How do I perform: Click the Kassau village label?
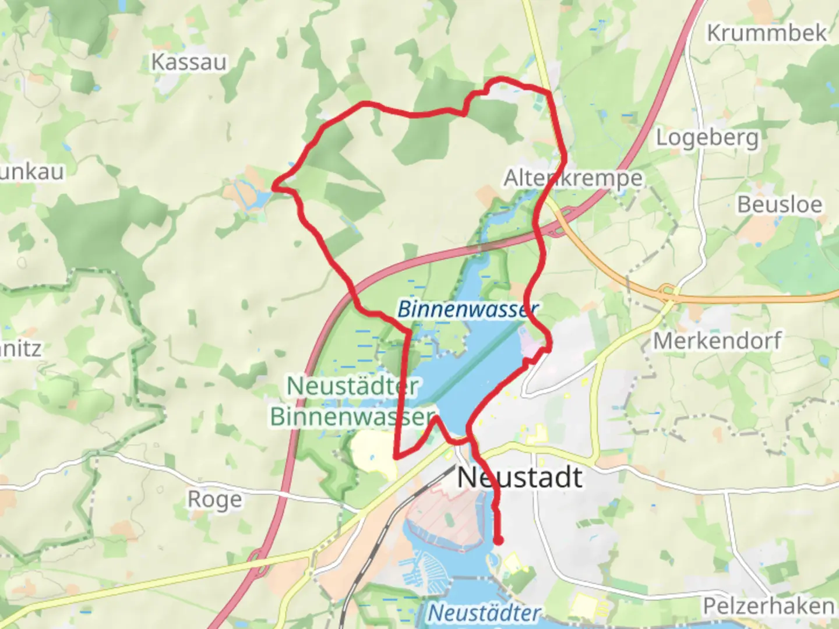[189, 62]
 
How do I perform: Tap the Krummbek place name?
[766, 33]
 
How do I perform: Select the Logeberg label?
[707, 139]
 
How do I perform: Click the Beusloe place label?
[780, 205]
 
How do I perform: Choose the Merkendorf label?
[717, 341]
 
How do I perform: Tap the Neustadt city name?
[519, 478]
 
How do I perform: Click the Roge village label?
[214, 500]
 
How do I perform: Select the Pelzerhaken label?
[768, 606]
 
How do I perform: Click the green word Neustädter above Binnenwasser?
[352, 386]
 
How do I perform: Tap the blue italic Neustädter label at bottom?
[484, 613]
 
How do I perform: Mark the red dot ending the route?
[498, 541]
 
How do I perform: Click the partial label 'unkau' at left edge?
[32, 172]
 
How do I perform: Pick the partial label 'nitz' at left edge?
[21, 349]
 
